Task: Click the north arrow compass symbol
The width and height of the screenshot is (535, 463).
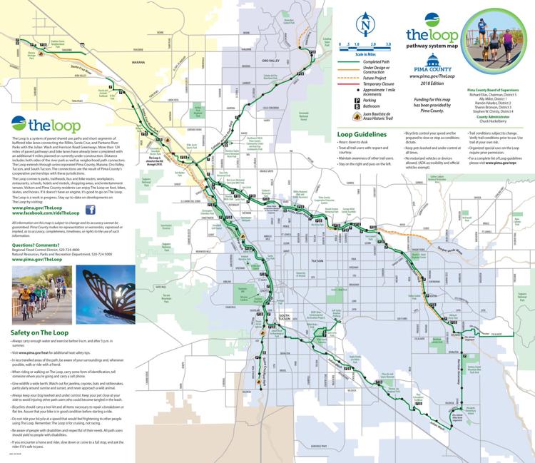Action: point(365,26)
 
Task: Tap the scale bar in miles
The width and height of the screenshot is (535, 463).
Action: point(367,44)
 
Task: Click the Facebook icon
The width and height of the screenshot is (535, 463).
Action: point(91,210)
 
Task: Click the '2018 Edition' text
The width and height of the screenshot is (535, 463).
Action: point(432,83)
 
